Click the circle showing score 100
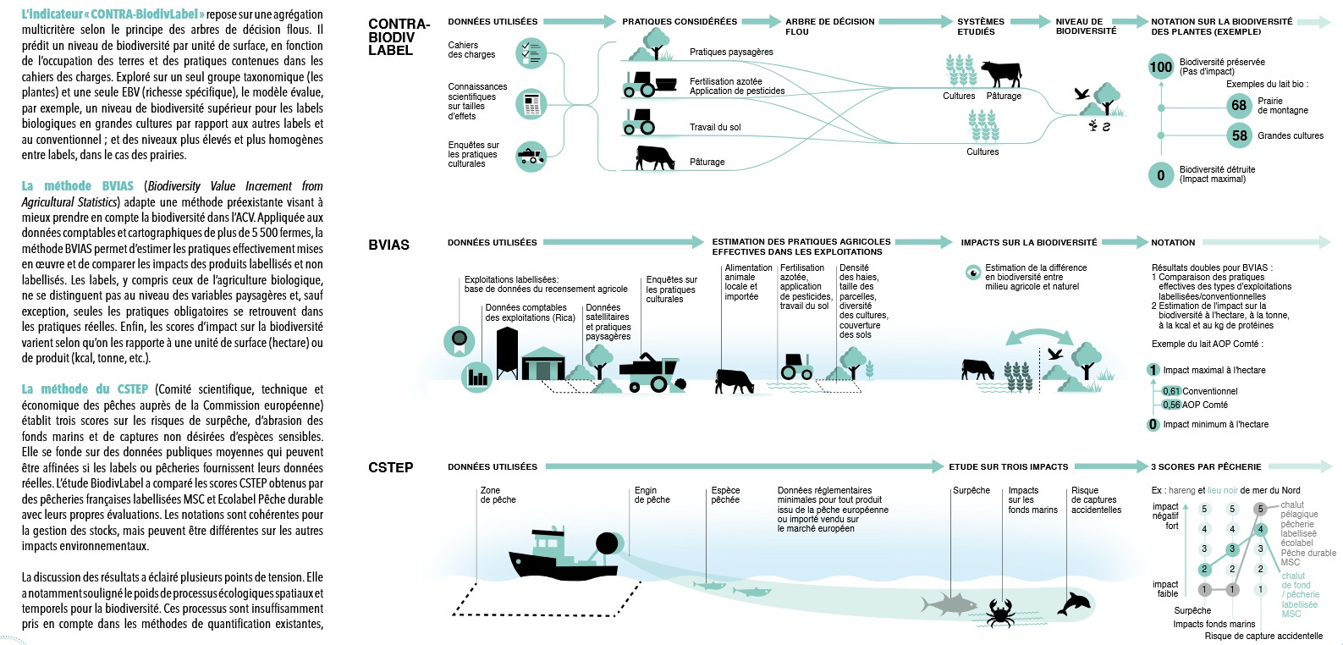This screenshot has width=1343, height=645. [x=1161, y=67]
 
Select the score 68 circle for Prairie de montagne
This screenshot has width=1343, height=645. [x=1239, y=106]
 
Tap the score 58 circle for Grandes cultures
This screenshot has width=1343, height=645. [x=1239, y=135]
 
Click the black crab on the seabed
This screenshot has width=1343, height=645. [x=1000, y=612]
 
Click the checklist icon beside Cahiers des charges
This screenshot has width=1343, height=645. [x=531, y=52]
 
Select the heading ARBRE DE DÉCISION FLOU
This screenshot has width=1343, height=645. [x=830, y=26]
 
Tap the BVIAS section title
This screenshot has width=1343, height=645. [x=388, y=245]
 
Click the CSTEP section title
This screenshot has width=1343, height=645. [x=390, y=467]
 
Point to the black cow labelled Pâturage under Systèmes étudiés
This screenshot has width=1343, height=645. [x=1001, y=74]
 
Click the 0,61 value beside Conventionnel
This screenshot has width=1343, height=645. [x=1171, y=391]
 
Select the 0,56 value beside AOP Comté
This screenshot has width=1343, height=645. [x=1171, y=405]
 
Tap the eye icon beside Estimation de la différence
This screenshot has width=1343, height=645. [x=973, y=273]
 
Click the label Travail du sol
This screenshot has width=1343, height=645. [x=715, y=127]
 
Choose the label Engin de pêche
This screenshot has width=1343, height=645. [x=652, y=495]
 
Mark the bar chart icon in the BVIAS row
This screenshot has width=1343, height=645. [x=477, y=378]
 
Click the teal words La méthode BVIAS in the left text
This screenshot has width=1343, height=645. [x=77, y=186]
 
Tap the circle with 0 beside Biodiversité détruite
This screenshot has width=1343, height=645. [x=1161, y=175]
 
